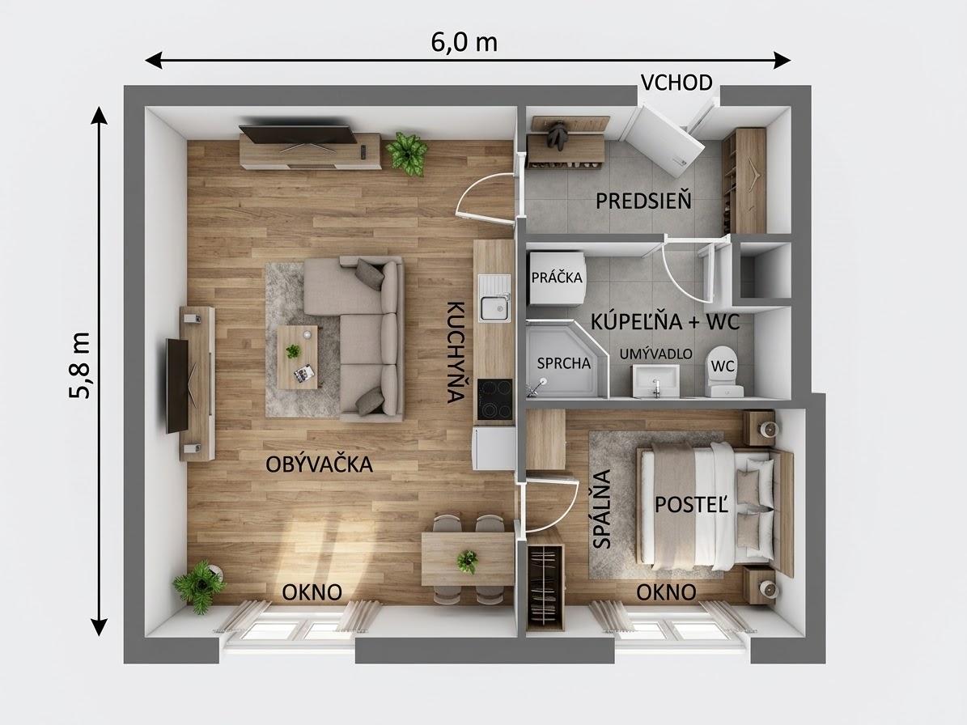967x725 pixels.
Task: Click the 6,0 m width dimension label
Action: (464, 42)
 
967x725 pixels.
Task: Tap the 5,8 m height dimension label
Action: (80, 365)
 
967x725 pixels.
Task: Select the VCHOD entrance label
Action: (676, 83)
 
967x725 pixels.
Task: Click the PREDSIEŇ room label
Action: (643, 201)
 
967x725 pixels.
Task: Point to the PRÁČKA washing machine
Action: (557, 278)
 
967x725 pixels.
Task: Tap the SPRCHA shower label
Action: (564, 364)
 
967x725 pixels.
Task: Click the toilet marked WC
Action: (724, 371)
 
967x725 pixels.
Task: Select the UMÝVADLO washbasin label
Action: (655, 354)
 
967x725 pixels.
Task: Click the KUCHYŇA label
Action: (455, 352)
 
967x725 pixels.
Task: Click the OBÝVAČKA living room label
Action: (319, 464)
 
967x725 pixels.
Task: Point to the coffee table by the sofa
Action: (298, 357)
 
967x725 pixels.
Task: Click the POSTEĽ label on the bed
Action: (691, 505)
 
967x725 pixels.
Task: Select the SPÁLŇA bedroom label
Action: (601, 509)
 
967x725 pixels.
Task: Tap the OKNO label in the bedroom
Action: (666, 592)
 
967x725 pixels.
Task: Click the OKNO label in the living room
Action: (312, 592)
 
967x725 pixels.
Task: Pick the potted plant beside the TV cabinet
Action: (406, 154)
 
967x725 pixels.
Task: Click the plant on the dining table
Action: (468, 562)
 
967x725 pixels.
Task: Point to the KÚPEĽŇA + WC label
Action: (665, 322)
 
